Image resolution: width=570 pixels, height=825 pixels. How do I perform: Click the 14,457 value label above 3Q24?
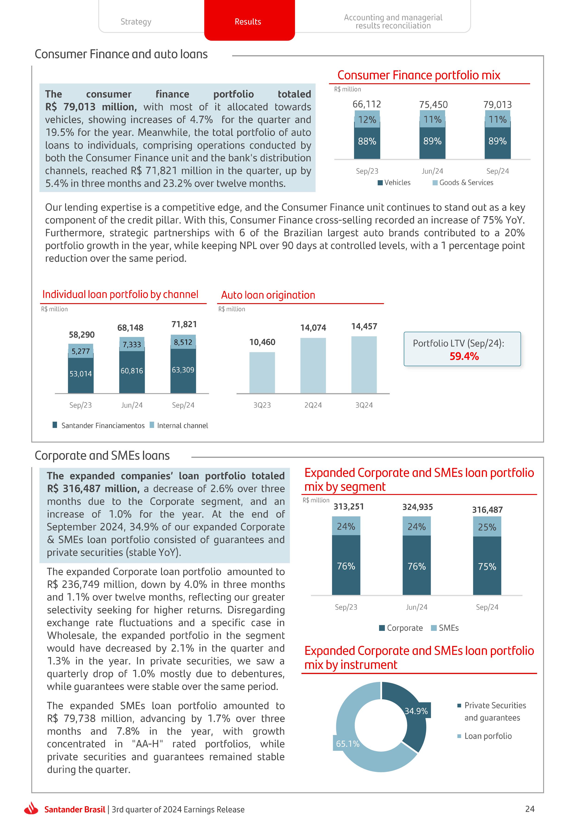coord(364,326)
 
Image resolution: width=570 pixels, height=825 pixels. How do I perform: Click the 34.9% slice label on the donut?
coord(416,711)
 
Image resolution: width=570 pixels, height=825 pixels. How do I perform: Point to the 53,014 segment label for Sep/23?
coord(81,374)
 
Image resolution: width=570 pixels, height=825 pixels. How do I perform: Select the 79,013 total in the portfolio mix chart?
coord(497,104)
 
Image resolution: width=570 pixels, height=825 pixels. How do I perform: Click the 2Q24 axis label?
coord(313,405)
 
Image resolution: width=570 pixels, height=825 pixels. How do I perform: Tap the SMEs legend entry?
coord(445,628)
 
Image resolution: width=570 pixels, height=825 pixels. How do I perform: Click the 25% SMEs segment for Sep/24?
coord(487,527)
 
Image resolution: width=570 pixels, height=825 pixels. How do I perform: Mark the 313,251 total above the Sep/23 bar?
coord(348,507)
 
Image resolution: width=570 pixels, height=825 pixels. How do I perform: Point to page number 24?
coord(530,809)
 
